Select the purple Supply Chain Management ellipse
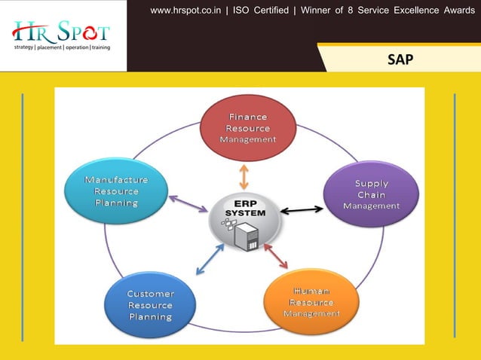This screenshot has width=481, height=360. point(371,194)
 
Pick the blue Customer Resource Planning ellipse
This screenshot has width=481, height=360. point(150,305)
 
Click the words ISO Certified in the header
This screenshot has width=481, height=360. point(263,11)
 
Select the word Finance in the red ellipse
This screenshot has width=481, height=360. point(248,117)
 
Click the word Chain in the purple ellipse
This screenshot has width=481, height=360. point(371,194)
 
